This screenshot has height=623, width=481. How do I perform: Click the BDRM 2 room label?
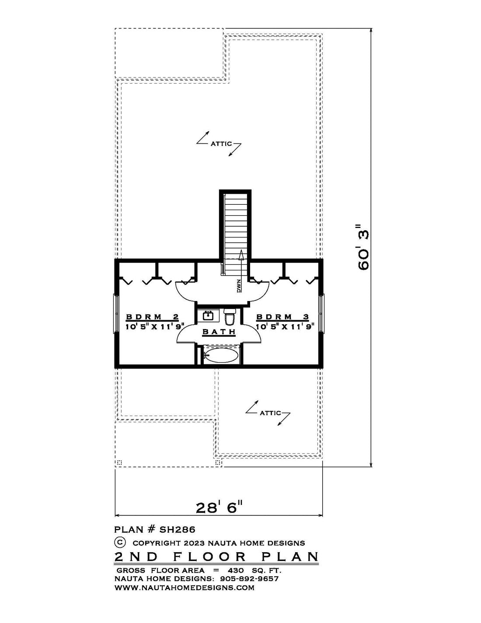[x=153, y=317]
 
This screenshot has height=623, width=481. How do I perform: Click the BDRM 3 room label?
[x=282, y=317]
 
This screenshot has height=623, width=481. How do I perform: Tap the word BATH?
[x=219, y=332]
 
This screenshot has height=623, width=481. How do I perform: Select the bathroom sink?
[x=208, y=316]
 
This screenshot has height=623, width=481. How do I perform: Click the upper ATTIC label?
[x=221, y=143]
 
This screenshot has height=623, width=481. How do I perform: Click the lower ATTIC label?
[x=270, y=413]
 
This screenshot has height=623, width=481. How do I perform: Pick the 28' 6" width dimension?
[x=220, y=508]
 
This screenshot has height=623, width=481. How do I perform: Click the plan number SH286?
[x=178, y=529]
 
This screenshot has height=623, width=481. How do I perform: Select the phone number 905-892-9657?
[x=248, y=579]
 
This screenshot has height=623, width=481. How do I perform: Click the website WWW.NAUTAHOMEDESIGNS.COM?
[x=185, y=588]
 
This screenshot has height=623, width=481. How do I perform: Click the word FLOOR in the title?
[x=210, y=557]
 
